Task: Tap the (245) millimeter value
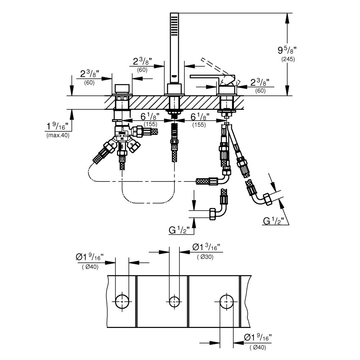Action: pyautogui.click(x=288, y=59)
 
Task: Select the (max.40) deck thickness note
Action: pyautogui.click(x=57, y=135)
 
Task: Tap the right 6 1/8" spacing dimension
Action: pyautogui.click(x=199, y=116)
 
